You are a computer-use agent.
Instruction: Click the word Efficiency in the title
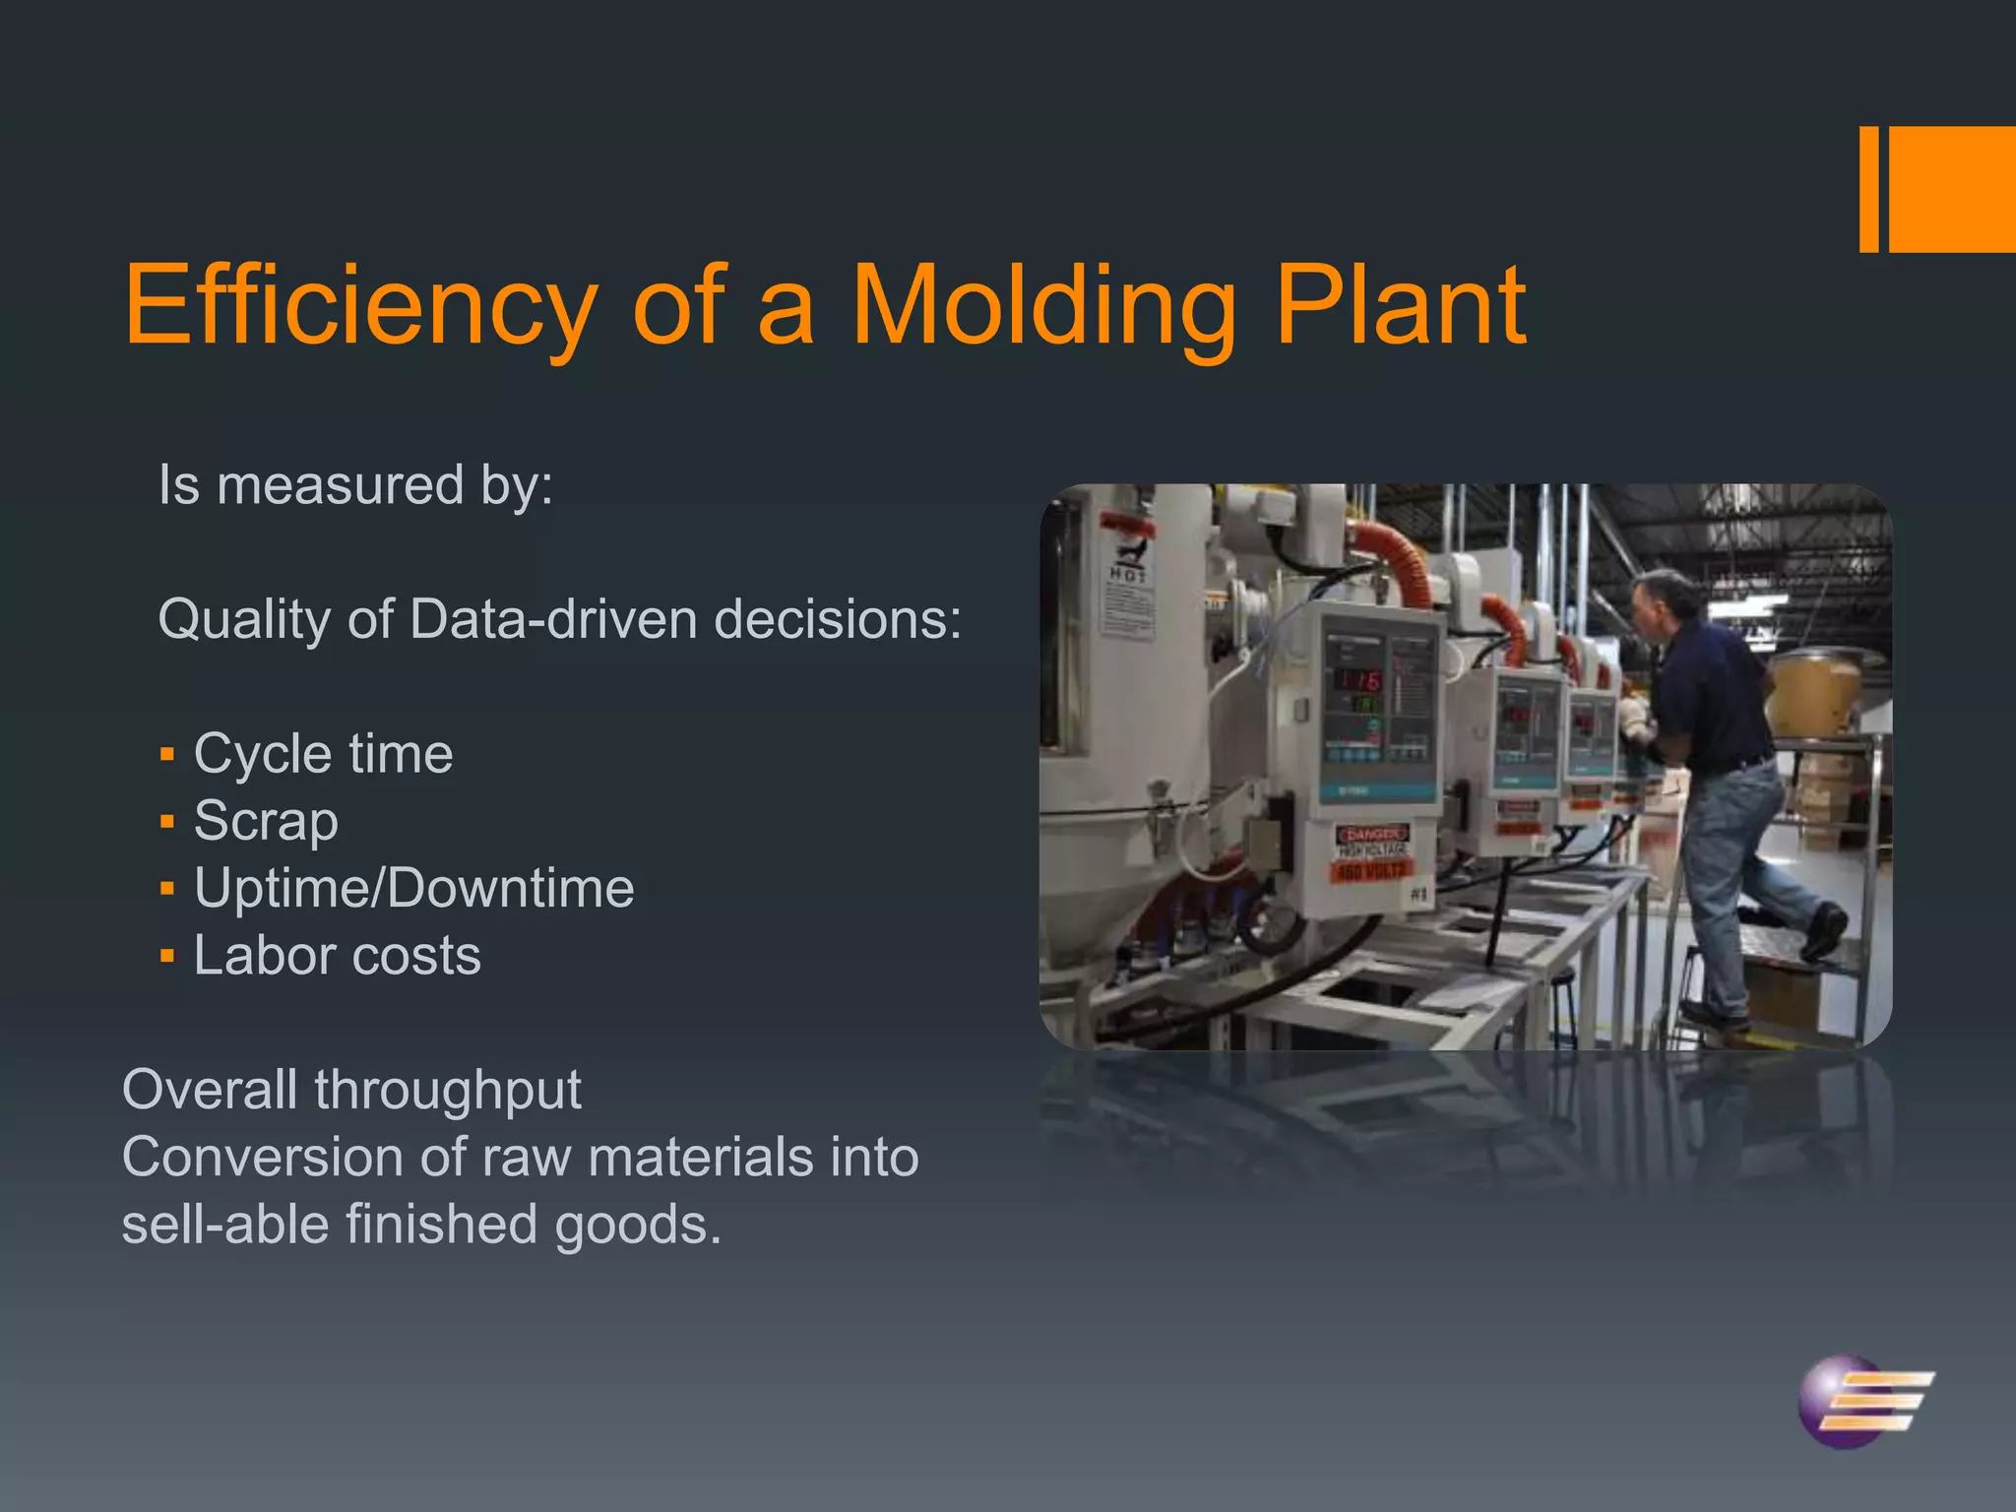coord(360,307)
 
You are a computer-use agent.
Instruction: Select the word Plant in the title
coord(1400,307)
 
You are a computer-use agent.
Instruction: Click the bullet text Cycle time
coord(323,755)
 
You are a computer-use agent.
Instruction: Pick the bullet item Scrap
coord(266,822)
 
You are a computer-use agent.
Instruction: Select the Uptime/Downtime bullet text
coord(413,889)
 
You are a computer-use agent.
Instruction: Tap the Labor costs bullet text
coord(337,956)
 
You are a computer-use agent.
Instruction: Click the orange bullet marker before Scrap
coord(167,822)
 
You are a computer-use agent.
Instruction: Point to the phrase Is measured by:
coord(355,486)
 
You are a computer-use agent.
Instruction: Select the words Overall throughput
coord(351,1091)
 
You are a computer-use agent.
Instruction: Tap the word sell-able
coord(225,1226)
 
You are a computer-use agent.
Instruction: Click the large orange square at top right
coord(1952,189)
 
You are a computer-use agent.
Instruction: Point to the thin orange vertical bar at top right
coord(1868,189)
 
